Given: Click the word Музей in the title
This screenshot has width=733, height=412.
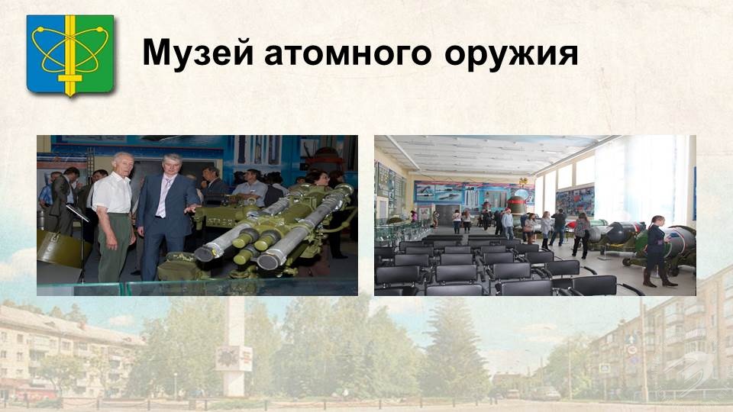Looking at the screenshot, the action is coord(198,53).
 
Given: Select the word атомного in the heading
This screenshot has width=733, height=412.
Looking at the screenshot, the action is coord(348,53).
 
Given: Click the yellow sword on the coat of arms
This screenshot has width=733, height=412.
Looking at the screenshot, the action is coord(70,56).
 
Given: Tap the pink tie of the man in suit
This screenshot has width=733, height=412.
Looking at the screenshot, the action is coord(162,197).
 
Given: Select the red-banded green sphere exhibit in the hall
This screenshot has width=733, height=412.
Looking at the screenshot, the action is coord(516,205).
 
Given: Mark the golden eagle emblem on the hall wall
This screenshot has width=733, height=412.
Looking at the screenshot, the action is coord(523,182).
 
